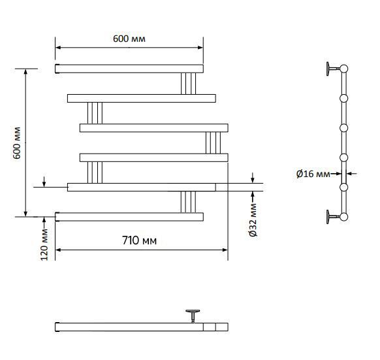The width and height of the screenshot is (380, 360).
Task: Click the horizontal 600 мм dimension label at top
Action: tap(129, 39)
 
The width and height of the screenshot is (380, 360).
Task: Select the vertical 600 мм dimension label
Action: tap(17, 143)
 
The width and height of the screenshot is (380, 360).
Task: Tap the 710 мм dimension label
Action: tap(139, 240)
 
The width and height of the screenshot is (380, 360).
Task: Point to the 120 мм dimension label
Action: tap(44, 244)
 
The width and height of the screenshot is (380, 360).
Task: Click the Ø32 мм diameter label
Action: tap(253, 220)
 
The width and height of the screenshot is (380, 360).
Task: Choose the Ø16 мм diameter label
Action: tap(313, 174)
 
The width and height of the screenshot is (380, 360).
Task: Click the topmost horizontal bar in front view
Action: tap(129, 69)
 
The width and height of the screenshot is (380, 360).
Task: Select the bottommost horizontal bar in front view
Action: tap(129, 217)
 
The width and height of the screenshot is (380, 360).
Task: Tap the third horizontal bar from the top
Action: tap(154, 128)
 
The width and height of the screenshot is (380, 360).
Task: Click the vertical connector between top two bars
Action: tap(188, 84)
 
